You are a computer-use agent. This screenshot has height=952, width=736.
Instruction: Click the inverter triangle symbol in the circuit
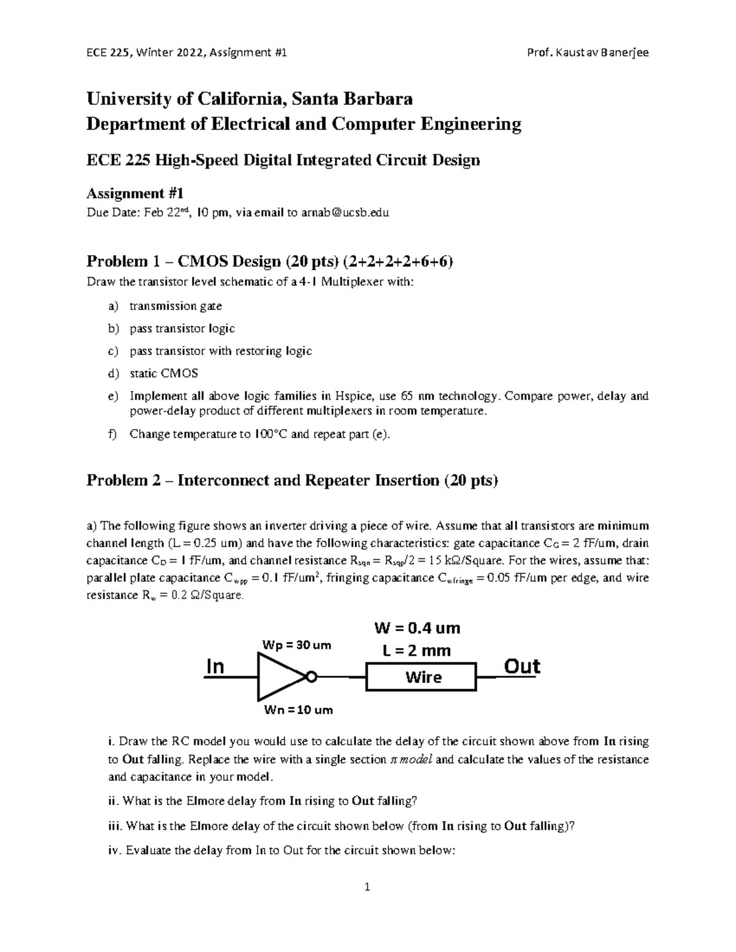[x=279, y=677]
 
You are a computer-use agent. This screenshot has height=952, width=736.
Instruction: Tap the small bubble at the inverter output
[x=312, y=677]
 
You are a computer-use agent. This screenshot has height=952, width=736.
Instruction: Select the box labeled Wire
[x=421, y=677]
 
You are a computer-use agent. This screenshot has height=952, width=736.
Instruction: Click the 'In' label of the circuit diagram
[x=215, y=667]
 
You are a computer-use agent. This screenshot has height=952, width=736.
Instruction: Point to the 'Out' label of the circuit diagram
[x=521, y=666]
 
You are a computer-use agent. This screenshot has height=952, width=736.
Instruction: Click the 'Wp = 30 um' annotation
[x=296, y=645]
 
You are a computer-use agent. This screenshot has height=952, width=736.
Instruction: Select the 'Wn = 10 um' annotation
[x=298, y=710]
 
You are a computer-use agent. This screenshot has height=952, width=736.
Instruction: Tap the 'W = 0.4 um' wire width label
[x=417, y=628]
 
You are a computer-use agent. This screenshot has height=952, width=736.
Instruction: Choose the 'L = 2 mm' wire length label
[x=416, y=650]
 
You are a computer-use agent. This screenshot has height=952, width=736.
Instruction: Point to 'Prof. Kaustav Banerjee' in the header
[x=588, y=52]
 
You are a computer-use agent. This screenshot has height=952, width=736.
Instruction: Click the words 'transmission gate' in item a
[x=175, y=306]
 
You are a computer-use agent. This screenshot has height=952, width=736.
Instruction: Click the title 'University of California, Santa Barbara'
[x=249, y=99]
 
